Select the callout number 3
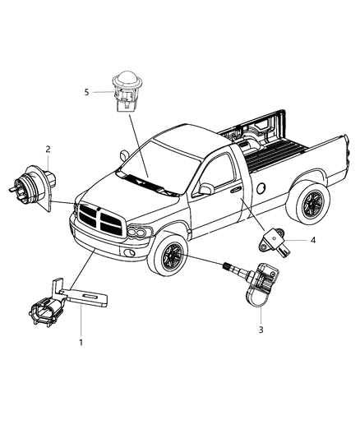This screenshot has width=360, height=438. pyautogui.click(x=261, y=330)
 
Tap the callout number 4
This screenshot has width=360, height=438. pyautogui.click(x=312, y=240)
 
